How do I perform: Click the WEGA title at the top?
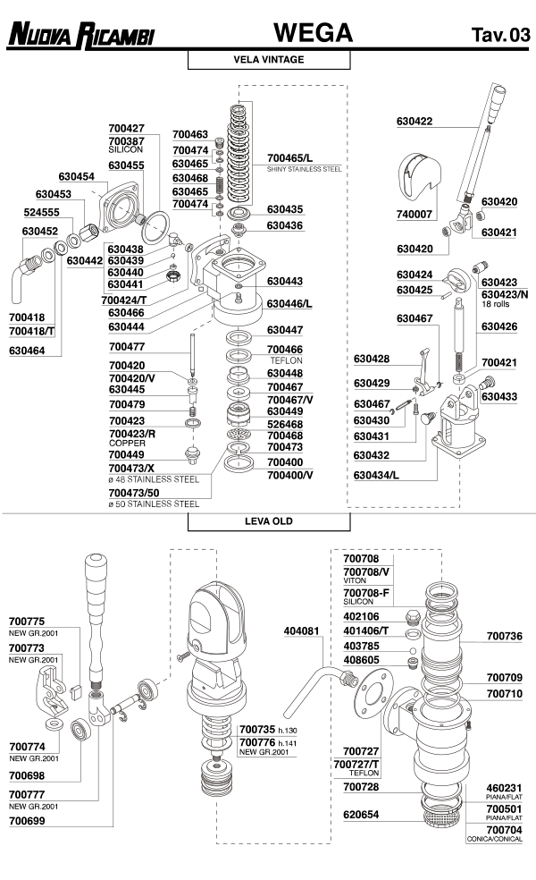(313, 33)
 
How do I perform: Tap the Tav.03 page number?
(500, 36)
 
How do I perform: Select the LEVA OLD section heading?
(268, 520)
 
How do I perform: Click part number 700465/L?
(291, 157)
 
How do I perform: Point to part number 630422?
(414, 122)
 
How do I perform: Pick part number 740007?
(414, 215)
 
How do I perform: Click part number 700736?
(504, 637)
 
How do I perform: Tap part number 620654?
(361, 815)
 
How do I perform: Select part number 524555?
(41, 212)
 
